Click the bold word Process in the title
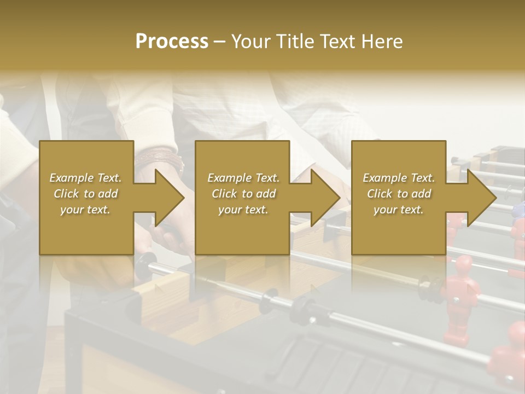point(172,42)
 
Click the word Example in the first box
point(72,178)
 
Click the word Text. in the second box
point(268,178)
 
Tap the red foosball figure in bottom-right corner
point(509,350)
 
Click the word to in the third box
point(403,194)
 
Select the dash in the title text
point(220,42)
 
